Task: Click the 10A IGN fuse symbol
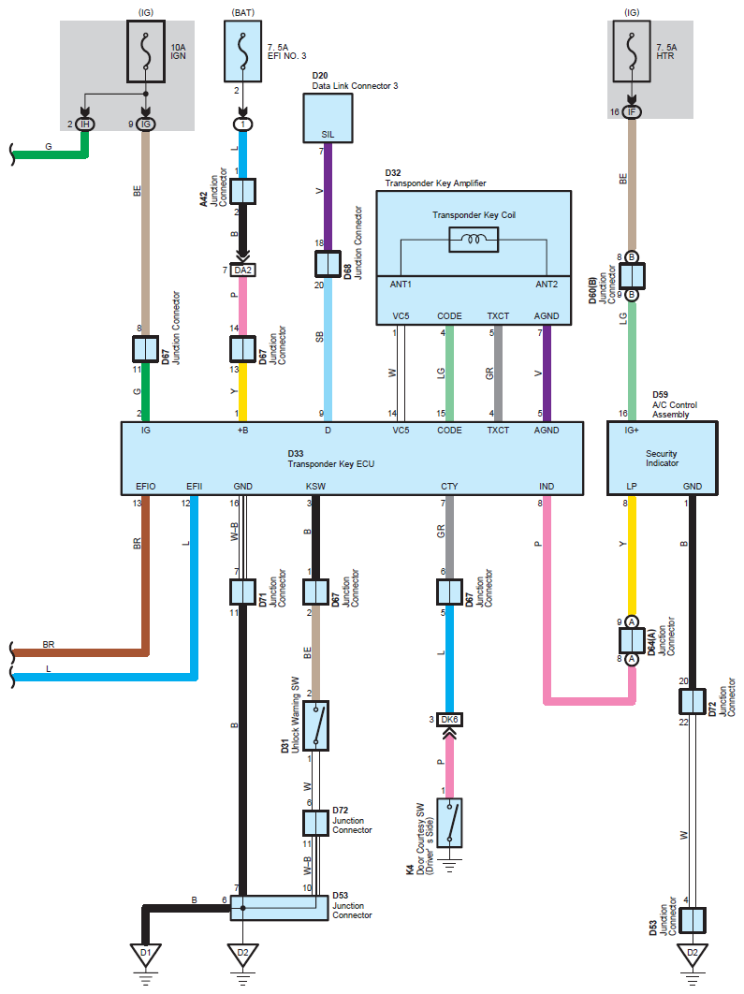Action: tap(146, 51)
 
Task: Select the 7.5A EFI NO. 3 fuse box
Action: tap(242, 51)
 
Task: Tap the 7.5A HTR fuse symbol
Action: tap(631, 51)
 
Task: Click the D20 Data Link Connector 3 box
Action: tap(328, 118)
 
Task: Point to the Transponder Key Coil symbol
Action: tap(474, 239)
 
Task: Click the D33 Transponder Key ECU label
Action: tap(330, 459)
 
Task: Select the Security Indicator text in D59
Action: tap(662, 459)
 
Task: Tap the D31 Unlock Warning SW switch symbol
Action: tap(315, 726)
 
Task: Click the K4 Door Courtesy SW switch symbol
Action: tap(449, 823)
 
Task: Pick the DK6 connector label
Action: tap(449, 720)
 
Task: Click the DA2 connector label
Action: tap(242, 270)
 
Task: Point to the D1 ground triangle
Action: tap(146, 955)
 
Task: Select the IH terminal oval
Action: tap(85, 124)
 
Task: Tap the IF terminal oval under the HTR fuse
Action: tap(631, 112)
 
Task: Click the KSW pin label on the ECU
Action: tap(315, 486)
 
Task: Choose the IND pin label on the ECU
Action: tap(547, 486)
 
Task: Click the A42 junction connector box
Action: tap(242, 191)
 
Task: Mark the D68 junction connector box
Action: tap(328, 264)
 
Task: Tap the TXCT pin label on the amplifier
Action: tap(498, 315)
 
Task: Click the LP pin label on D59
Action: tap(631, 486)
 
